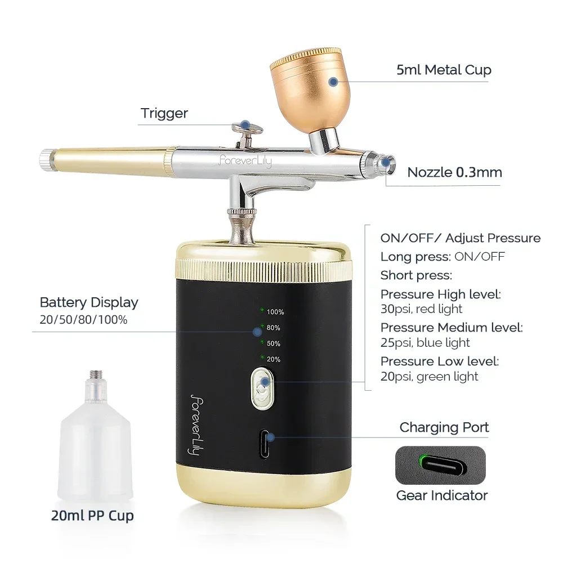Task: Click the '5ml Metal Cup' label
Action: click(x=443, y=70)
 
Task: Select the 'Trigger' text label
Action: click(x=164, y=113)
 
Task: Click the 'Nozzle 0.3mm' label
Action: click(x=454, y=172)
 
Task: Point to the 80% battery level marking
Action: click(x=272, y=327)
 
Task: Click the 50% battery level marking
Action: click(x=272, y=343)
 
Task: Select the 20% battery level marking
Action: click(x=272, y=359)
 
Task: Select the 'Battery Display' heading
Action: click(x=89, y=302)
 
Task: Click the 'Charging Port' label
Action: click(x=444, y=427)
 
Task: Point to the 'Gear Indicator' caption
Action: click(x=441, y=495)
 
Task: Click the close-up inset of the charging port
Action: click(x=440, y=465)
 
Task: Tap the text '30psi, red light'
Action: click(x=421, y=309)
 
